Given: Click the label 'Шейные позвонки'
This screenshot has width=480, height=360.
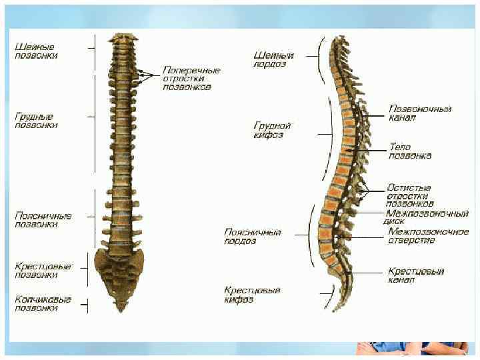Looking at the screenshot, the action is coord(36,51).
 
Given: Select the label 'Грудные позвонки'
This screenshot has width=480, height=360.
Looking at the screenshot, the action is coord(36,121).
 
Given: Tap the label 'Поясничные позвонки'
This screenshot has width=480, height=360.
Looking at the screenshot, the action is coord(43,220).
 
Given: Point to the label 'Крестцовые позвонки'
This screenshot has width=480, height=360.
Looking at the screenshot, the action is coord(43,270).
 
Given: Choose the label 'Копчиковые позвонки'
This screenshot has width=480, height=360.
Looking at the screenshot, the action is coord(43,304).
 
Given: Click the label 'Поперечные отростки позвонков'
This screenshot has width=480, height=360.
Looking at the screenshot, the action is coord(191,78).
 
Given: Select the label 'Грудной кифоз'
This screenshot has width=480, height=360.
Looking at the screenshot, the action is coord(273,130).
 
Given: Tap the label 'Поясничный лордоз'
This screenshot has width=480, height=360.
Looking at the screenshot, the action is coord(252,237).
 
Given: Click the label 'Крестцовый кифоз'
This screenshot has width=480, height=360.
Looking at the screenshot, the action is coord(252,295).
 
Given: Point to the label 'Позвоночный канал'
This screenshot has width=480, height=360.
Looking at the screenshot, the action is coord(420,113).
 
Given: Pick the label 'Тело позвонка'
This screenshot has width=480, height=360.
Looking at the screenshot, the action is coord(409,151).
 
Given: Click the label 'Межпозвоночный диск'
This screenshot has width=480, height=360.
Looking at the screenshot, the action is coord(427,218).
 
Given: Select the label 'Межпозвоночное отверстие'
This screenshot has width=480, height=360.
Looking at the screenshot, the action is coord(428,236).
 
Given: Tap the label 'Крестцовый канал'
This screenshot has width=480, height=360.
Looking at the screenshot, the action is coord(416,276).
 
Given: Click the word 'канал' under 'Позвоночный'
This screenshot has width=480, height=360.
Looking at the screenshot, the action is coord(403,118).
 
